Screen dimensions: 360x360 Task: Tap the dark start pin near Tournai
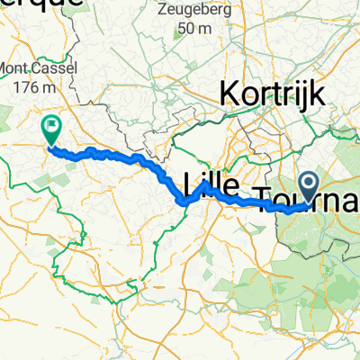pos(310,187)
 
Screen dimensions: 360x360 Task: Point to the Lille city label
pos(211,185)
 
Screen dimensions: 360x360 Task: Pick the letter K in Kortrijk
pos(228,91)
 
